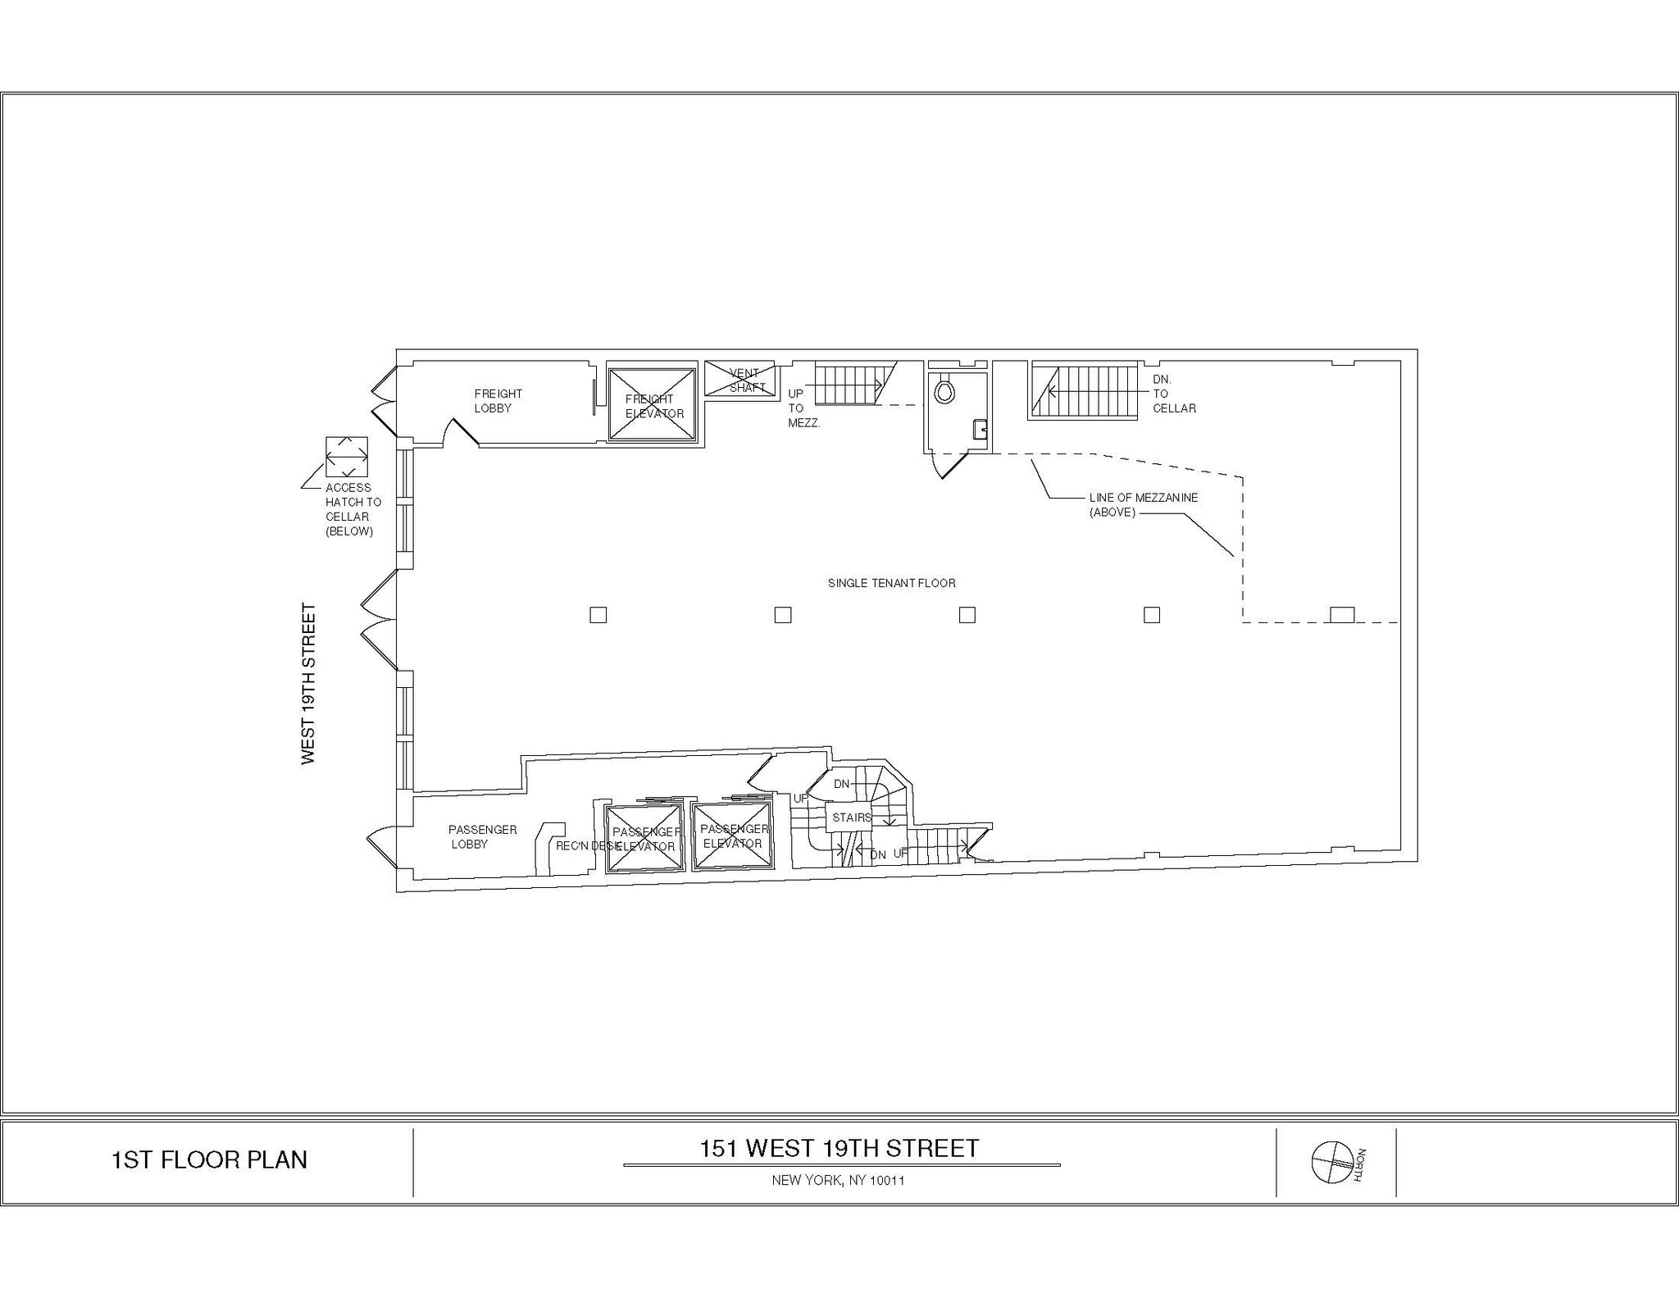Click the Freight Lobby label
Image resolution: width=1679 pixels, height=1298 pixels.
coord(498,401)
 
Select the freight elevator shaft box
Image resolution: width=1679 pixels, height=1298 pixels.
coord(652,405)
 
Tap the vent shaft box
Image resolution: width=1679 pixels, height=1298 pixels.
coord(739,379)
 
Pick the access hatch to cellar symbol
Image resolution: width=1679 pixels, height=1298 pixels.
coord(347,457)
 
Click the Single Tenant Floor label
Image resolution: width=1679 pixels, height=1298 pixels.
coord(891,583)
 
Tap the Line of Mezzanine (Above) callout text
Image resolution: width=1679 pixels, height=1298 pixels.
coord(1143,504)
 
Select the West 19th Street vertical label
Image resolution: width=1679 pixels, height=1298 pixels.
coord(308,684)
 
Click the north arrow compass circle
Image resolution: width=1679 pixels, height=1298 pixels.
coord(1331,1162)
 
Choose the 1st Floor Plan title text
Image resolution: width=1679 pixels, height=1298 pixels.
coord(209,1159)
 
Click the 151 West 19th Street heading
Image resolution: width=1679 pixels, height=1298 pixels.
coord(839,1148)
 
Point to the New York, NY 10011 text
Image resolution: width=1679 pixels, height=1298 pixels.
coord(838,1181)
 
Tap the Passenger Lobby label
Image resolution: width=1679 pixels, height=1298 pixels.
coord(482,836)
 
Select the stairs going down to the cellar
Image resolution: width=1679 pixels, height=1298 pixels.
coord(1084,391)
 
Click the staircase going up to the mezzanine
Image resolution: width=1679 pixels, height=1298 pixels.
coord(848,385)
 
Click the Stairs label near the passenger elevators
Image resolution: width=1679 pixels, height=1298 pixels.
coord(852,818)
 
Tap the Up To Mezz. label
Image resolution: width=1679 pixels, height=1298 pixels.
coord(803,408)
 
